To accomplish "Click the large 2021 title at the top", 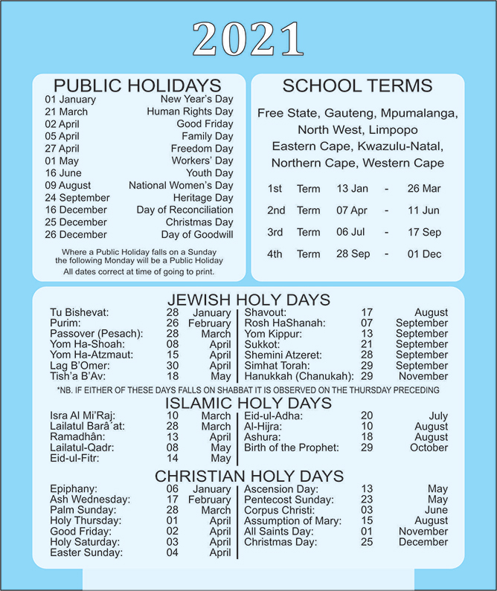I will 248,38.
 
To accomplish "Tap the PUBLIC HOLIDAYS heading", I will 138,85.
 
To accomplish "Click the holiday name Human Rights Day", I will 190,112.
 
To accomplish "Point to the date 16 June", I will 62,173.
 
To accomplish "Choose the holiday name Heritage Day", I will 203,198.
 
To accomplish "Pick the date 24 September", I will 77,198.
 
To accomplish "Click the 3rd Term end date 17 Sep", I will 424,232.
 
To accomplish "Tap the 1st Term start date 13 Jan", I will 352,189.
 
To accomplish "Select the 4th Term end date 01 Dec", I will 424,253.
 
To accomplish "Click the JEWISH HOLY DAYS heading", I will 248,300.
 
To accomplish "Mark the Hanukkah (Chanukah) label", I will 299,376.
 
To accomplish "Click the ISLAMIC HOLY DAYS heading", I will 248,403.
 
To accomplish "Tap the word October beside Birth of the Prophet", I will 429,448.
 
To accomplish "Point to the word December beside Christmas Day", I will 423,542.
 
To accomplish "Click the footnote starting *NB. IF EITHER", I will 248,390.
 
